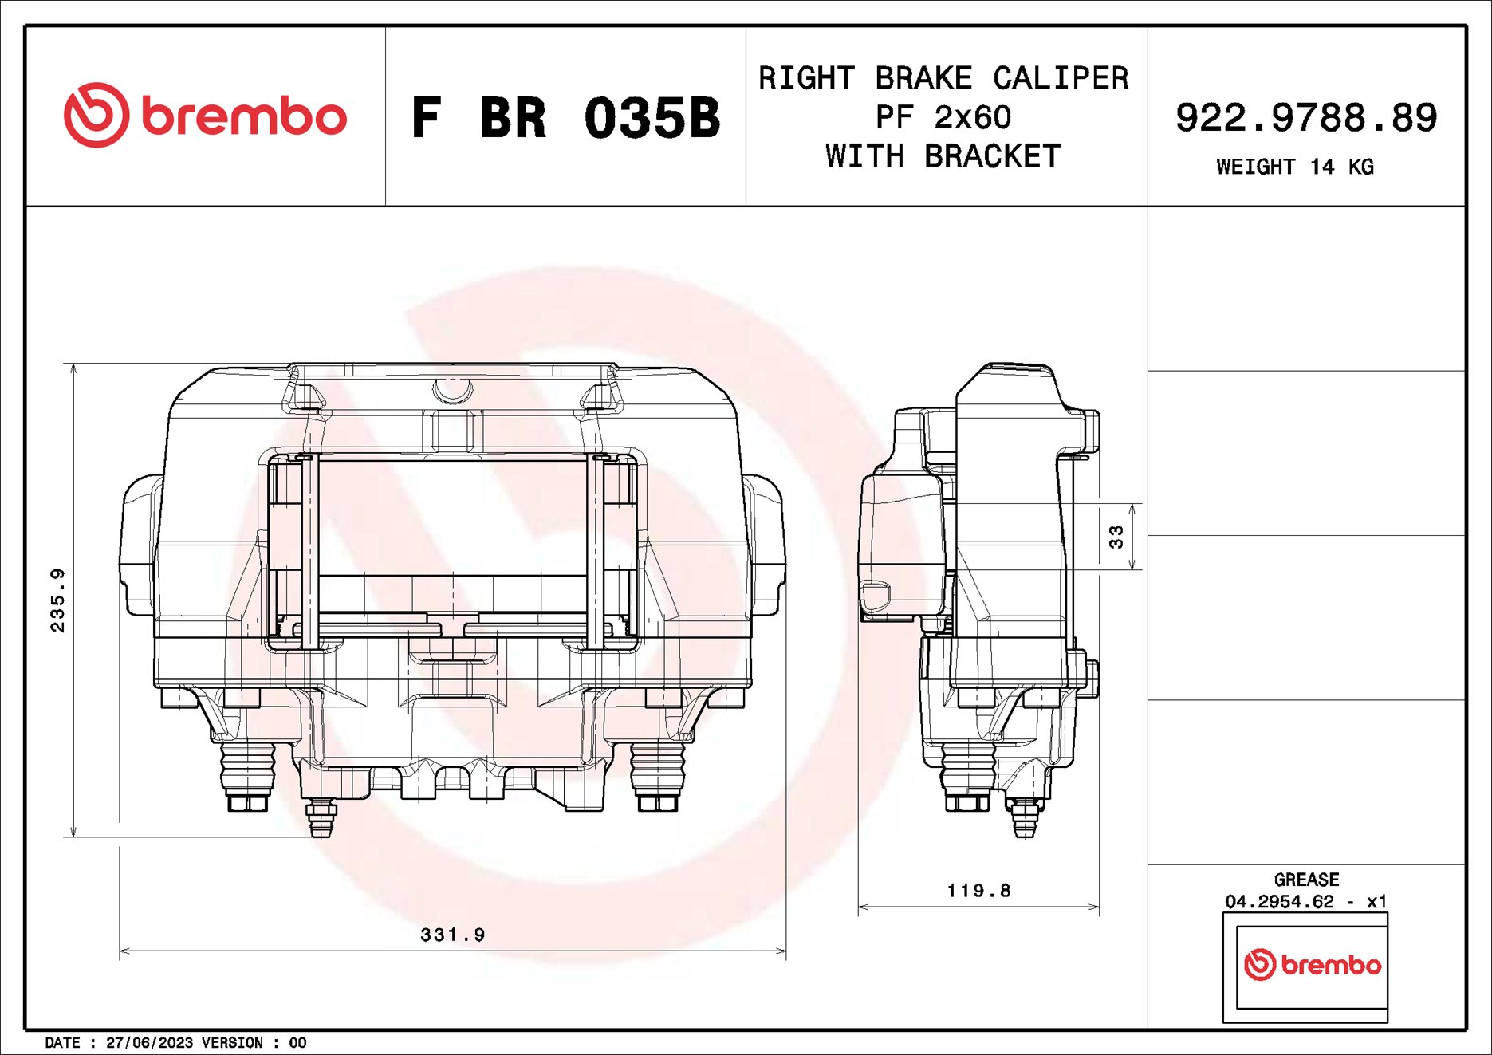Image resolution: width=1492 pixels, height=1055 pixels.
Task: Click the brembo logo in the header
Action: coord(205,116)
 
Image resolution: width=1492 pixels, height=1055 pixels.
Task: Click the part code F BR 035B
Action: coord(565,118)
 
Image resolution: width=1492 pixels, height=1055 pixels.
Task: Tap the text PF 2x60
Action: coord(943,118)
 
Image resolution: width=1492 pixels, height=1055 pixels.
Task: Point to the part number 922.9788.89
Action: coord(1305,118)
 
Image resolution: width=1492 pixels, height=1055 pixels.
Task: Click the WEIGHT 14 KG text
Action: coord(1294,167)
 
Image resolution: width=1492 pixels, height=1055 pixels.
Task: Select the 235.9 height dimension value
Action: coord(57,600)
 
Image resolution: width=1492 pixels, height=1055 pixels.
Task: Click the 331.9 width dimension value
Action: coord(452,935)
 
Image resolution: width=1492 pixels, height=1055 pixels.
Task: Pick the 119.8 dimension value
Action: coord(978,891)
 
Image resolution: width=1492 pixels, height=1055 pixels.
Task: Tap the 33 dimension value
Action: coord(1116,537)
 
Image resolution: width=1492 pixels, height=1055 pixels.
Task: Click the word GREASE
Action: coord(1306,880)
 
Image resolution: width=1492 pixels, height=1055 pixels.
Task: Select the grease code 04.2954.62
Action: coord(1279,902)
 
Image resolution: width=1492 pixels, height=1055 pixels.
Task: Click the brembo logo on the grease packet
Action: coord(1313,965)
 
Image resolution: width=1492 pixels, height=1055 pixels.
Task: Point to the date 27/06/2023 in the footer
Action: coord(149,1043)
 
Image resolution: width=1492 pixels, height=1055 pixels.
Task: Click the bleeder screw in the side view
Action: coord(1024,819)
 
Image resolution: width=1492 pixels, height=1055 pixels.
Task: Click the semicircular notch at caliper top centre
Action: coord(452,390)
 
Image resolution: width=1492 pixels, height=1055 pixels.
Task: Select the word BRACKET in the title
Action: coord(992,156)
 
